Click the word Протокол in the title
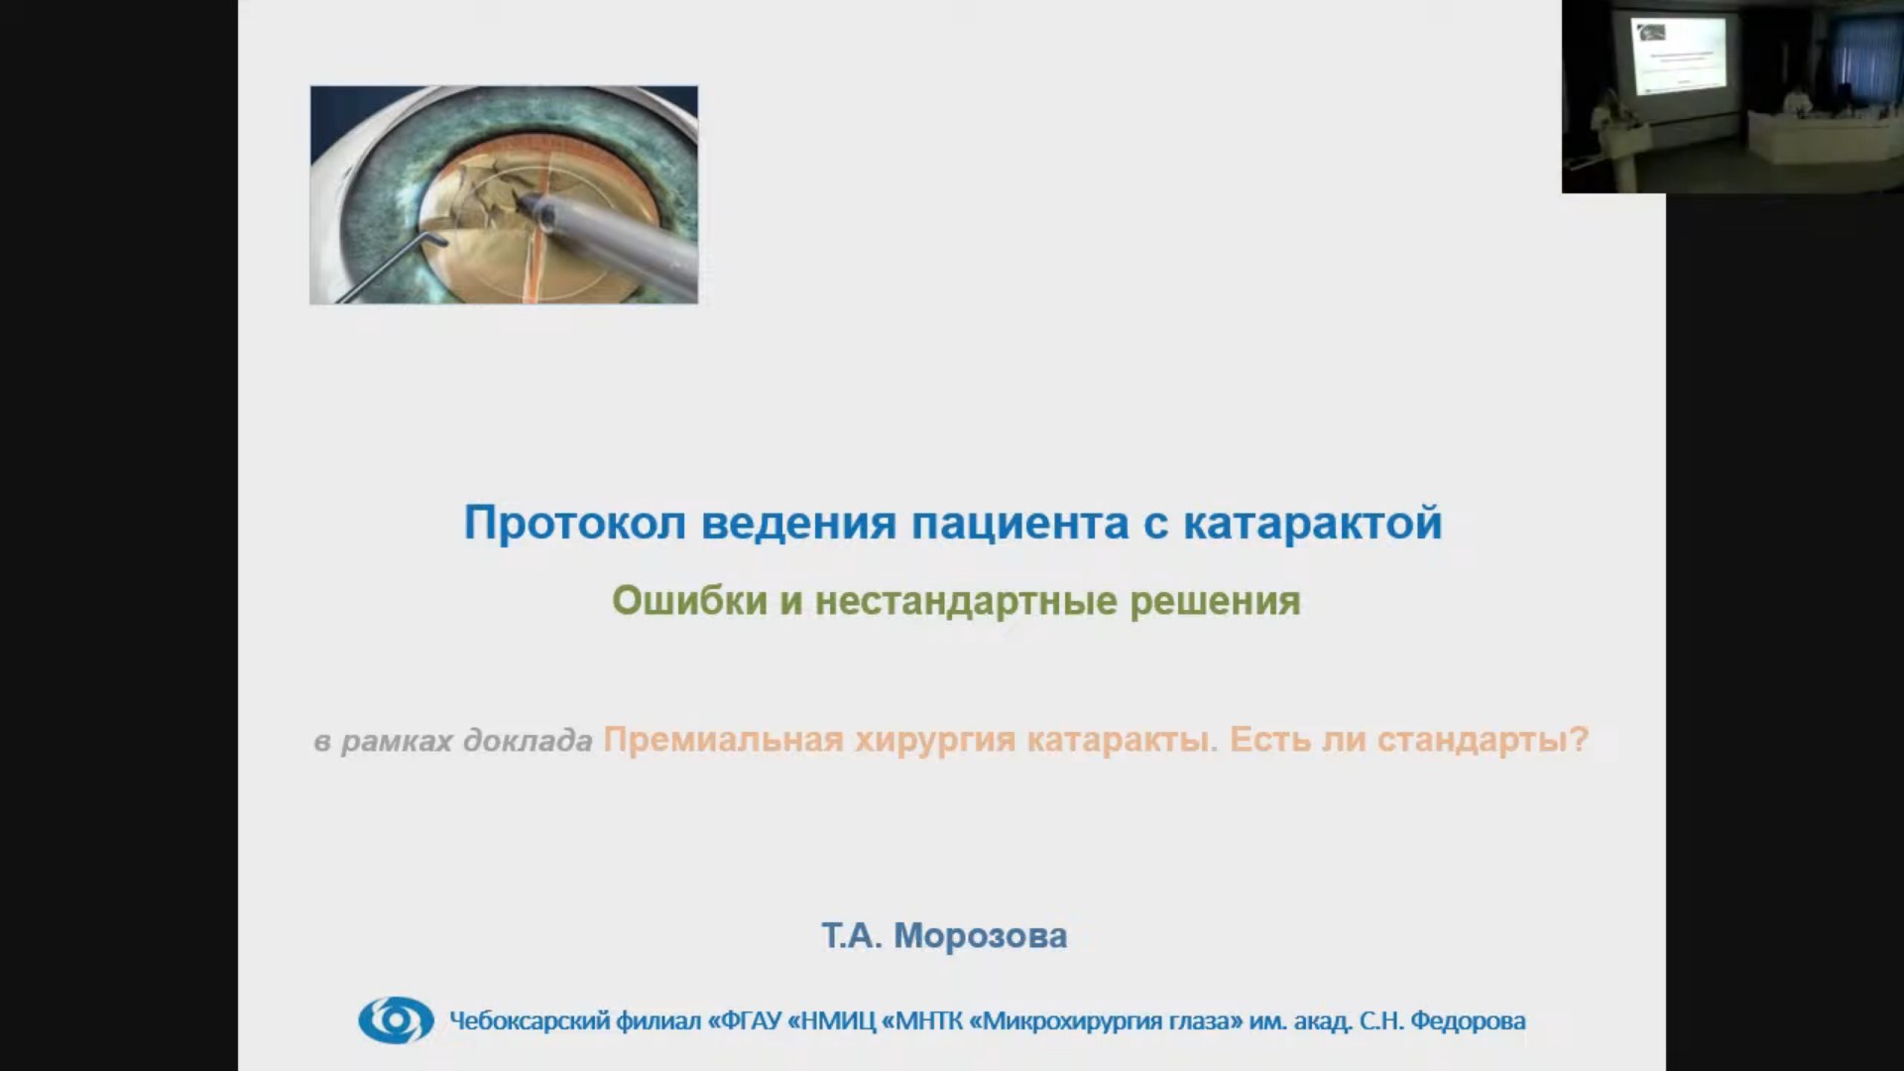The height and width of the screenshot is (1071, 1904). click(x=575, y=523)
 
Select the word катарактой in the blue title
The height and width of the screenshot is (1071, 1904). click(x=1313, y=524)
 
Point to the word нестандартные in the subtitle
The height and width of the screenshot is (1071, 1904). click(x=967, y=601)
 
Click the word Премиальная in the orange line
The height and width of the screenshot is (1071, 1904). click(x=724, y=740)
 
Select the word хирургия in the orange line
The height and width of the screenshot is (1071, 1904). click(x=935, y=741)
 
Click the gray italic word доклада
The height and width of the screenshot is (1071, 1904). click(x=528, y=741)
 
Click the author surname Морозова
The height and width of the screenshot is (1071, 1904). click(x=981, y=935)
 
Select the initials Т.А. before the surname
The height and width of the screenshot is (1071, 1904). click(x=852, y=935)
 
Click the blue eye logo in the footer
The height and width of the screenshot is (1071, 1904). click(x=396, y=1019)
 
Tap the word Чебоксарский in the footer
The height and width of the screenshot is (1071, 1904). click(x=529, y=1020)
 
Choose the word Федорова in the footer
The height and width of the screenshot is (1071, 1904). click(x=1468, y=1020)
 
